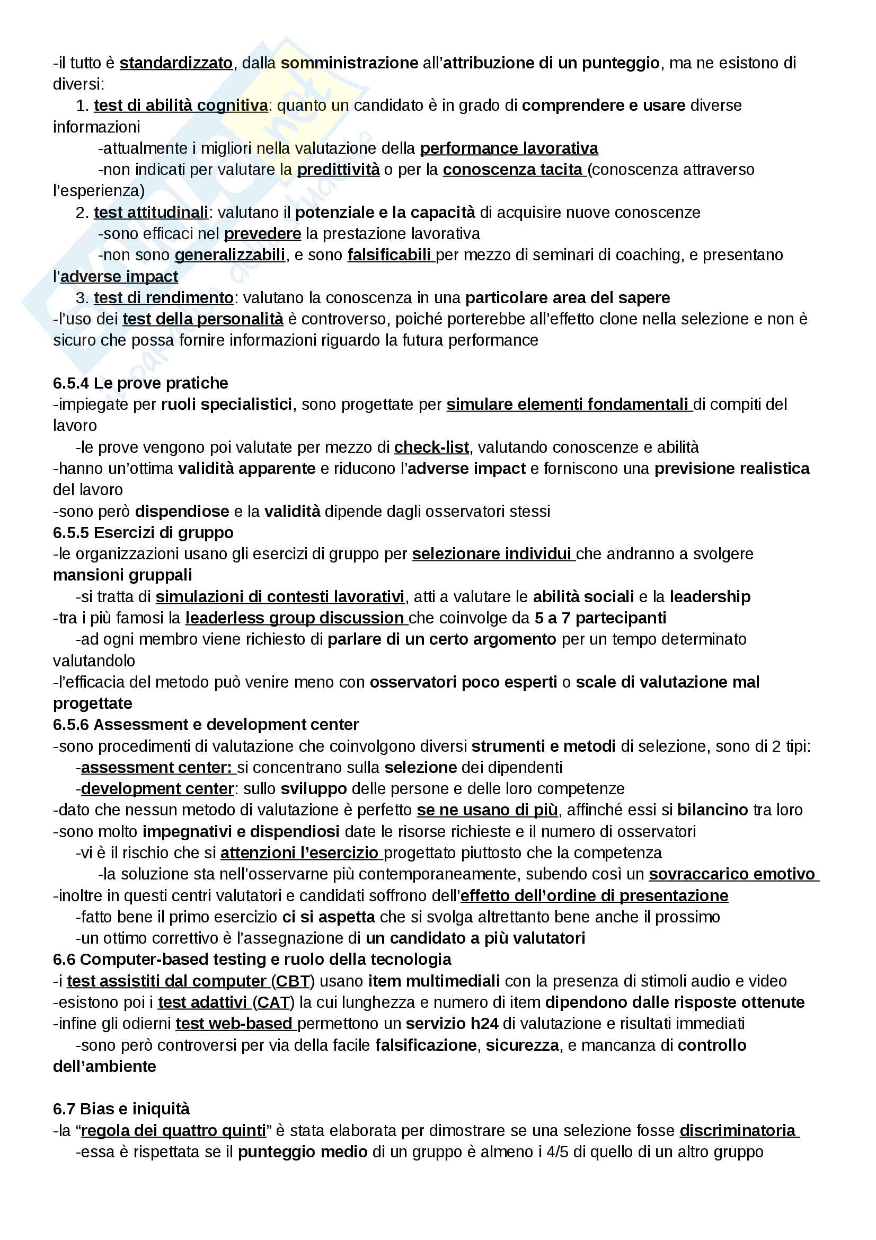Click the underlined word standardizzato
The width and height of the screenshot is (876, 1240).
click(x=176, y=63)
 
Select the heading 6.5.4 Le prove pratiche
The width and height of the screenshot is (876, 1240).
click(x=140, y=383)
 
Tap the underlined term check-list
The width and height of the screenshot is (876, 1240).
click(x=431, y=447)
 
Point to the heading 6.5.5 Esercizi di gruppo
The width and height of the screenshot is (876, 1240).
click(x=143, y=532)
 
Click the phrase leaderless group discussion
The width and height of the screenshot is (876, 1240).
click(x=295, y=618)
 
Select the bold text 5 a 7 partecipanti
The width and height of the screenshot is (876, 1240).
click(x=600, y=618)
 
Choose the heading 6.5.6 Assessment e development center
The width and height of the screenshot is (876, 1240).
click(x=206, y=724)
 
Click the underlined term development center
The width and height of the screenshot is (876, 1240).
click(x=157, y=788)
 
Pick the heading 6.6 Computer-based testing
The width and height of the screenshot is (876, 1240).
click(x=252, y=959)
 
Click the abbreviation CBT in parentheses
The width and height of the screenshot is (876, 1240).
click(x=293, y=981)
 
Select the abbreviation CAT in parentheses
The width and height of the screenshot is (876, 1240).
click(x=273, y=1002)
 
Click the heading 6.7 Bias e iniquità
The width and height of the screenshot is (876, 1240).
click(x=121, y=1109)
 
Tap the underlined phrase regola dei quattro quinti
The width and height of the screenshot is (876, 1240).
click(x=174, y=1130)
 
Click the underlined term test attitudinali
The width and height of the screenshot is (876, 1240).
click(x=151, y=212)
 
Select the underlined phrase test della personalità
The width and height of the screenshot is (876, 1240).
click(x=203, y=319)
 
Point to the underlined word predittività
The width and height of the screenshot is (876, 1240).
click(x=339, y=170)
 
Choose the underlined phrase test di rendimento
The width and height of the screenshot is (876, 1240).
click(x=164, y=297)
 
